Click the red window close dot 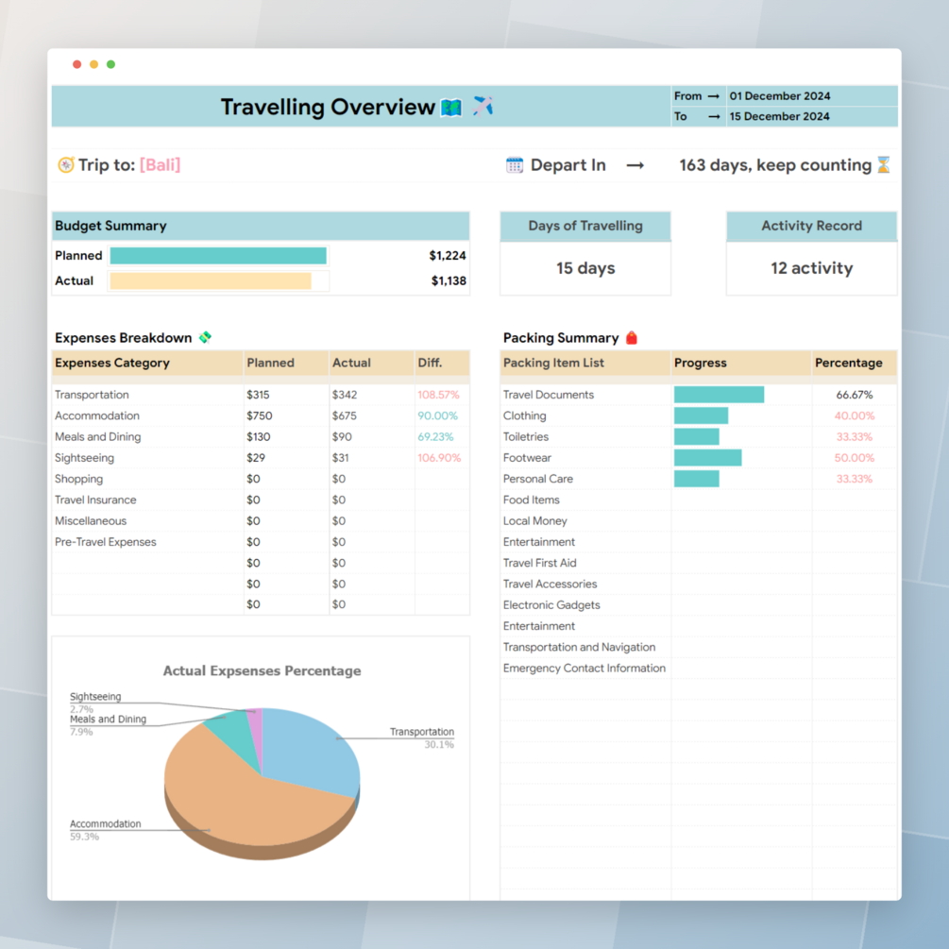pos(77,64)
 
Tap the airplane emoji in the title pos(483,106)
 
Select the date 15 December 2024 pos(779,116)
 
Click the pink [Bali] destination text pos(160,164)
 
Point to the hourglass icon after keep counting pos(883,165)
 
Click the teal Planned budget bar pos(218,256)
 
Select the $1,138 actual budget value pos(449,280)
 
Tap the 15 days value pos(585,268)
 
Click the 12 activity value pos(811,268)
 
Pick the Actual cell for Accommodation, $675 pos(345,415)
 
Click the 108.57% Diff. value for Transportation pos(438,395)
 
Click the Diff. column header pos(430,363)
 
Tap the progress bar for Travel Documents pos(719,395)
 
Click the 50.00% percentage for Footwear pos(855,458)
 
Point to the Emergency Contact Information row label pos(584,669)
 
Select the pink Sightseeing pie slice pos(255,726)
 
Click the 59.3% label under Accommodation pos(84,837)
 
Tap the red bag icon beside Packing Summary pos(632,338)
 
